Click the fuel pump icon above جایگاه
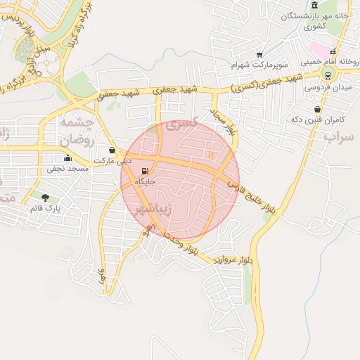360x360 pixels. [145, 171]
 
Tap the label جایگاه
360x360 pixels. [145, 181]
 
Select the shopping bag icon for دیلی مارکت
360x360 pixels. [112, 150]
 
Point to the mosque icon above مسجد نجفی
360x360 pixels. [67, 158]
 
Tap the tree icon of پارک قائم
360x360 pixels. [46, 198]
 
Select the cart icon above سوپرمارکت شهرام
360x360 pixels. [259, 55]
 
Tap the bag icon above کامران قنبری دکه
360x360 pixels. [318, 109]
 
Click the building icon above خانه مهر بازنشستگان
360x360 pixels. [314, 5]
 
